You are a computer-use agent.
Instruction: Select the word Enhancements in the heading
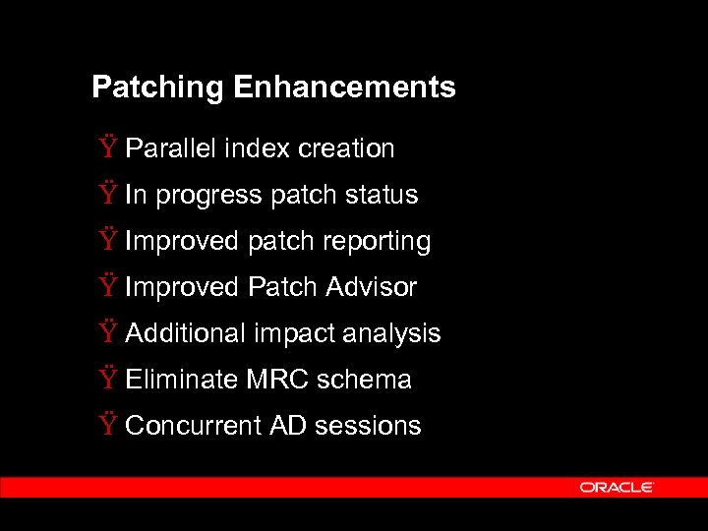pyautogui.click(x=345, y=88)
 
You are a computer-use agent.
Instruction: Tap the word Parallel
pyautogui.click(x=171, y=148)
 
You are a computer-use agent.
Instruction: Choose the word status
pyautogui.click(x=382, y=195)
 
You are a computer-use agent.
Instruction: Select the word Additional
pyautogui.click(x=186, y=333)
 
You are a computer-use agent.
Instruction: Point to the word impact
pyautogui.click(x=293, y=334)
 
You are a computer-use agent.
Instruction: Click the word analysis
pyautogui.click(x=391, y=334)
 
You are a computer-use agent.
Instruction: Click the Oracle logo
pyautogui.click(x=617, y=487)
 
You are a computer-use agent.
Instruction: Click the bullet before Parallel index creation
pyautogui.click(x=107, y=148)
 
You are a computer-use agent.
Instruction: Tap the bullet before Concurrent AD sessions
pyautogui.click(x=107, y=426)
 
